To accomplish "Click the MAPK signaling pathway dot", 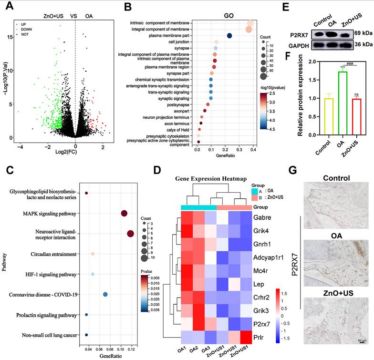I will click(x=124, y=214).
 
